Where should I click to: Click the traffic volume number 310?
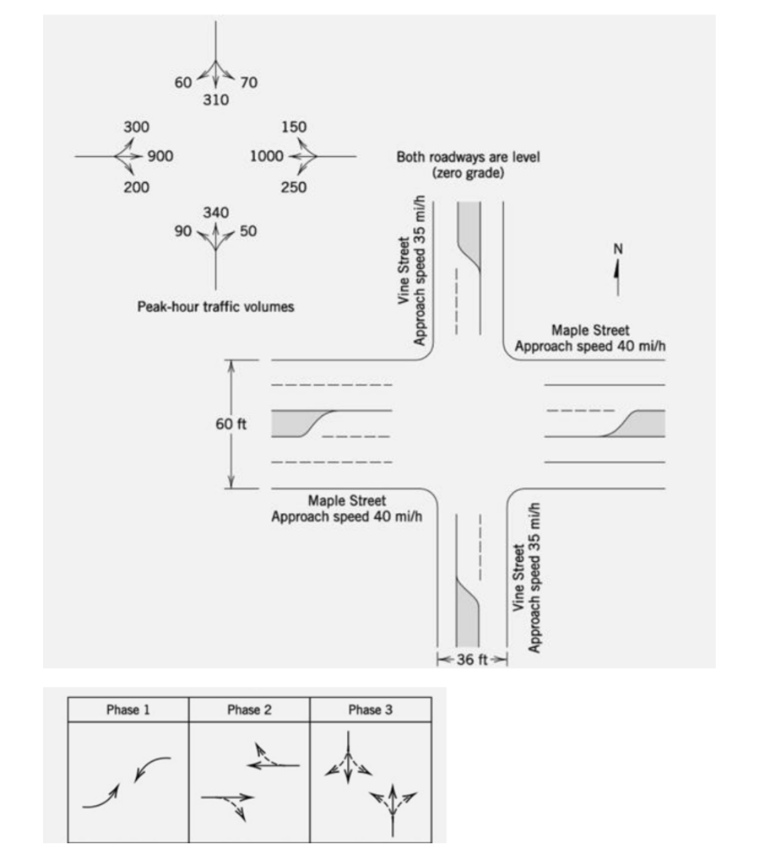point(215,100)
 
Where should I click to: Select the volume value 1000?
point(267,156)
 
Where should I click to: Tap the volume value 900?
point(160,156)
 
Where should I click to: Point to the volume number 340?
point(215,212)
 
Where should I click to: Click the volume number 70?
point(248,82)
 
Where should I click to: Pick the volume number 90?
point(183,230)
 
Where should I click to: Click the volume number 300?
point(136,127)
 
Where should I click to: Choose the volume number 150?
point(294,127)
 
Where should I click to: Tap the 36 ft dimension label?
point(471,659)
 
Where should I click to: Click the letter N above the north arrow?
point(617,249)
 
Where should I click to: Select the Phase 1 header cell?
point(128,710)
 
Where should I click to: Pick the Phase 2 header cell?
point(249,710)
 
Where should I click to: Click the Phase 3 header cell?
point(370,710)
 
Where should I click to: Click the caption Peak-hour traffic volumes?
point(215,307)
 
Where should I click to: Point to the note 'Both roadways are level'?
point(468,158)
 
